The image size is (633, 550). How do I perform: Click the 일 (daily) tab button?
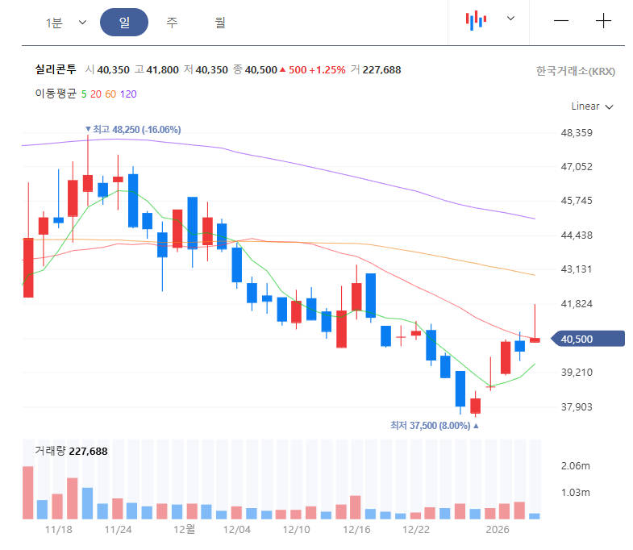[124, 23]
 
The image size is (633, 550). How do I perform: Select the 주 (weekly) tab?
[172, 23]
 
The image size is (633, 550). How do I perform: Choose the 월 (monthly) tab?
[220, 23]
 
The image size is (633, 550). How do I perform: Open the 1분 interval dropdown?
[65, 23]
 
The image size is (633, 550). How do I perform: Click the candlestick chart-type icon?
[477, 21]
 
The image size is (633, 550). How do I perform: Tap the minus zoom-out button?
[561, 22]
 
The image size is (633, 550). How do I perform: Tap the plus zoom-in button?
[603, 22]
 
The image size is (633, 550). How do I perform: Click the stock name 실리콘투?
[56, 70]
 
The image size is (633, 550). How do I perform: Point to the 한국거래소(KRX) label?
[575, 71]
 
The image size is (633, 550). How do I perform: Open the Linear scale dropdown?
[592, 106]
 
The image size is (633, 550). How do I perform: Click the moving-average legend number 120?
[128, 94]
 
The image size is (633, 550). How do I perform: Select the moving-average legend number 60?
[110, 94]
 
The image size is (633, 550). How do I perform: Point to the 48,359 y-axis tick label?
[577, 133]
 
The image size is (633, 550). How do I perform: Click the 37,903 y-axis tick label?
[577, 407]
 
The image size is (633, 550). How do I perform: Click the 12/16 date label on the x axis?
[356, 530]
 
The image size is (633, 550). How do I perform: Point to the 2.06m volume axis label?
[575, 467]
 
